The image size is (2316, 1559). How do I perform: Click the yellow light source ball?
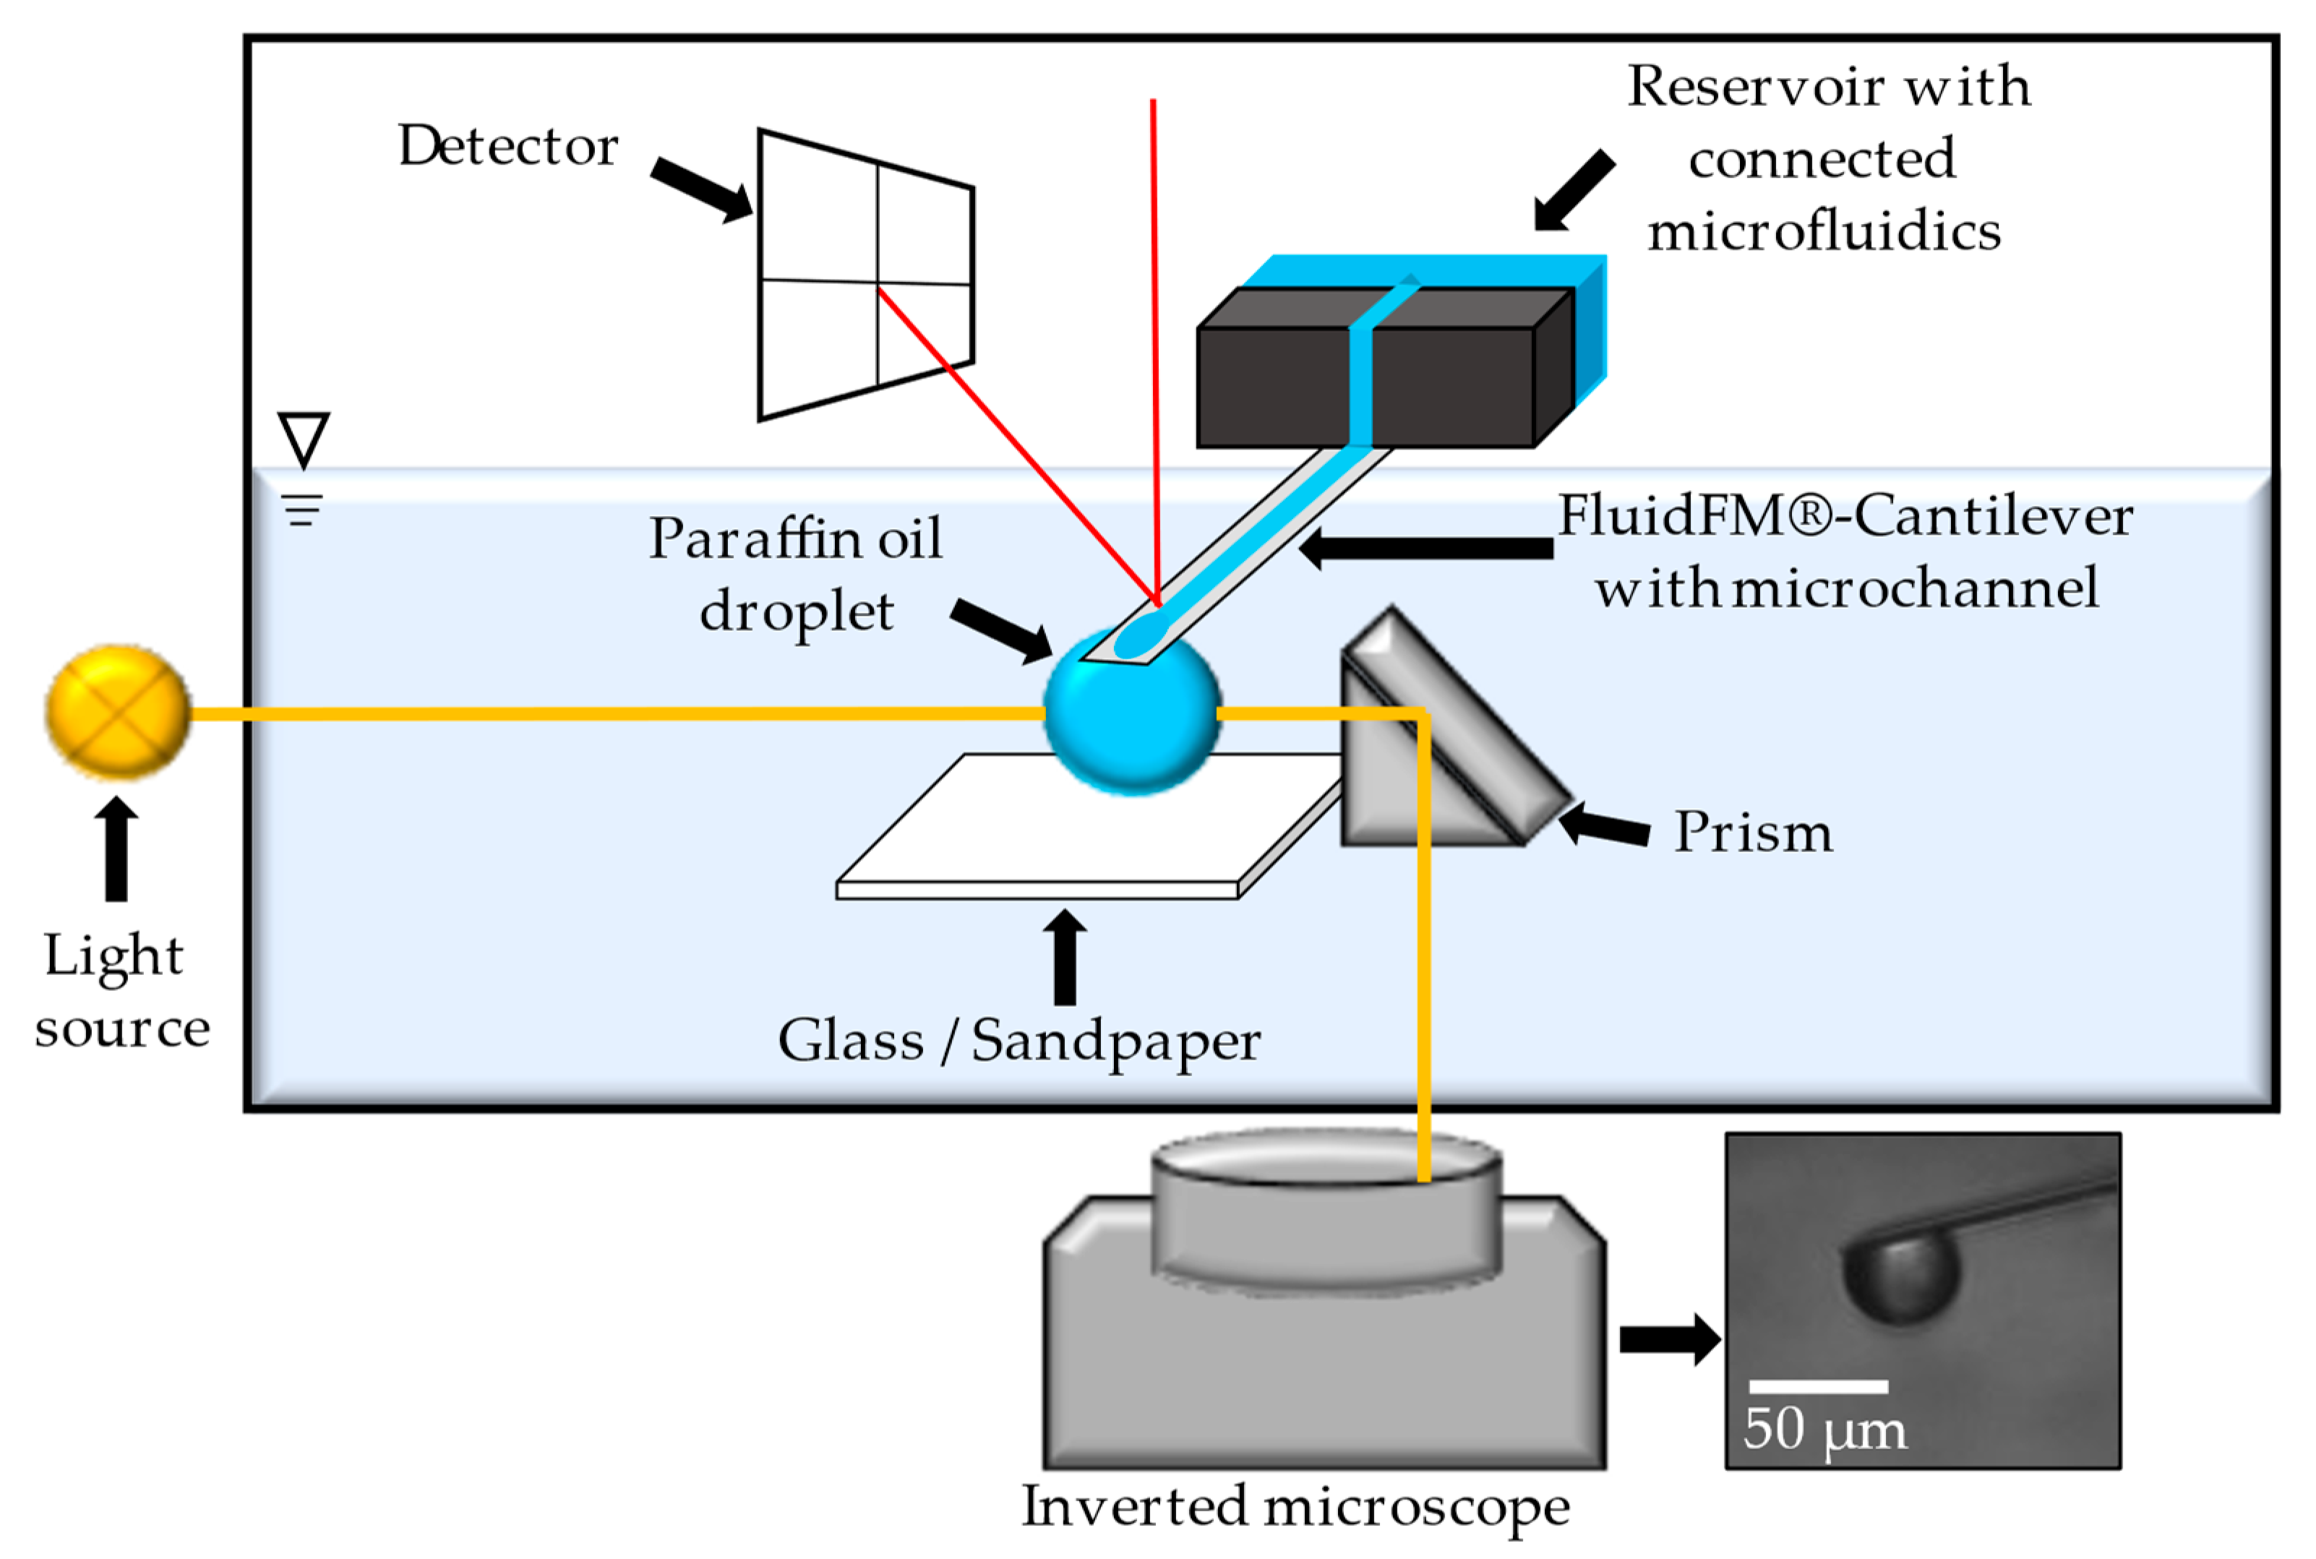coord(117,711)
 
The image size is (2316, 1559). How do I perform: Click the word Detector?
coord(507,146)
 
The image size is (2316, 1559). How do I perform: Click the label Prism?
coord(1752,831)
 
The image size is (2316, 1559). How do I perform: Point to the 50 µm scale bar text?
coord(1824,1430)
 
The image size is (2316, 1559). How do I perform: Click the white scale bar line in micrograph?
coord(1818,1386)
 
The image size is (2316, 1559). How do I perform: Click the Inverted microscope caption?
coord(1295,1506)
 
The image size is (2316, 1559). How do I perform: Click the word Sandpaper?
coord(1115,1042)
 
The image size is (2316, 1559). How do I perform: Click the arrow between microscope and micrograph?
coord(1668,1339)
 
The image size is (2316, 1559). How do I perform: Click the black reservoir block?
coord(1273,387)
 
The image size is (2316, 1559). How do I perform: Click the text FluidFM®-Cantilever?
coord(1844,515)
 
